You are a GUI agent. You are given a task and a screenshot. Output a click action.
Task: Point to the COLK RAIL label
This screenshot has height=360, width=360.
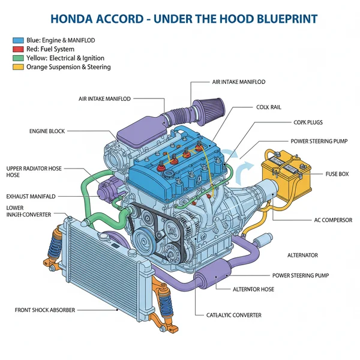(x=268, y=107)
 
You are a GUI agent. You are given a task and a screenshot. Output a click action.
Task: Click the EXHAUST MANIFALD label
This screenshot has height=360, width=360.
(x=31, y=196)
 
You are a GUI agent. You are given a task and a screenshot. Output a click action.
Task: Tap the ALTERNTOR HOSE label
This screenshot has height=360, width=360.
(x=254, y=289)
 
